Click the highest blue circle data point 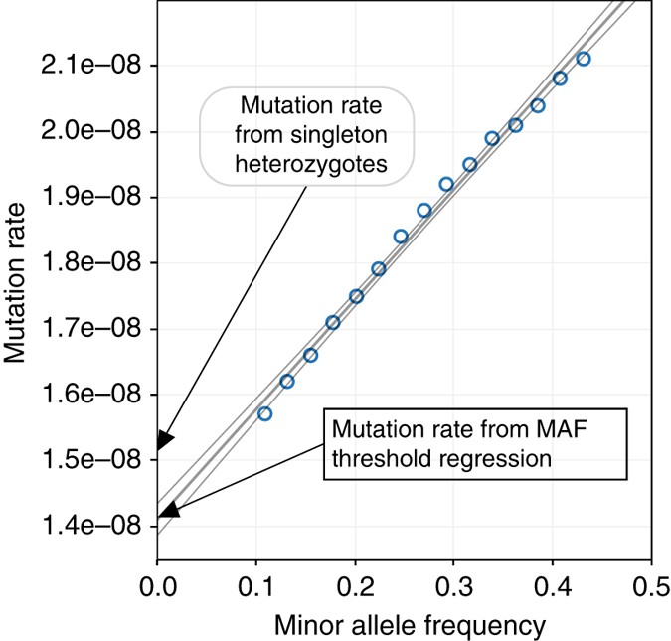pos(584,59)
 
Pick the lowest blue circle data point pos(264,413)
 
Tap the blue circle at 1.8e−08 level pos(401,237)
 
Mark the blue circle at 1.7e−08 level pos(333,322)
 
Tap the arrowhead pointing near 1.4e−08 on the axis pos(169,511)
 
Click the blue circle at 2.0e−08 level pos(515,125)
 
